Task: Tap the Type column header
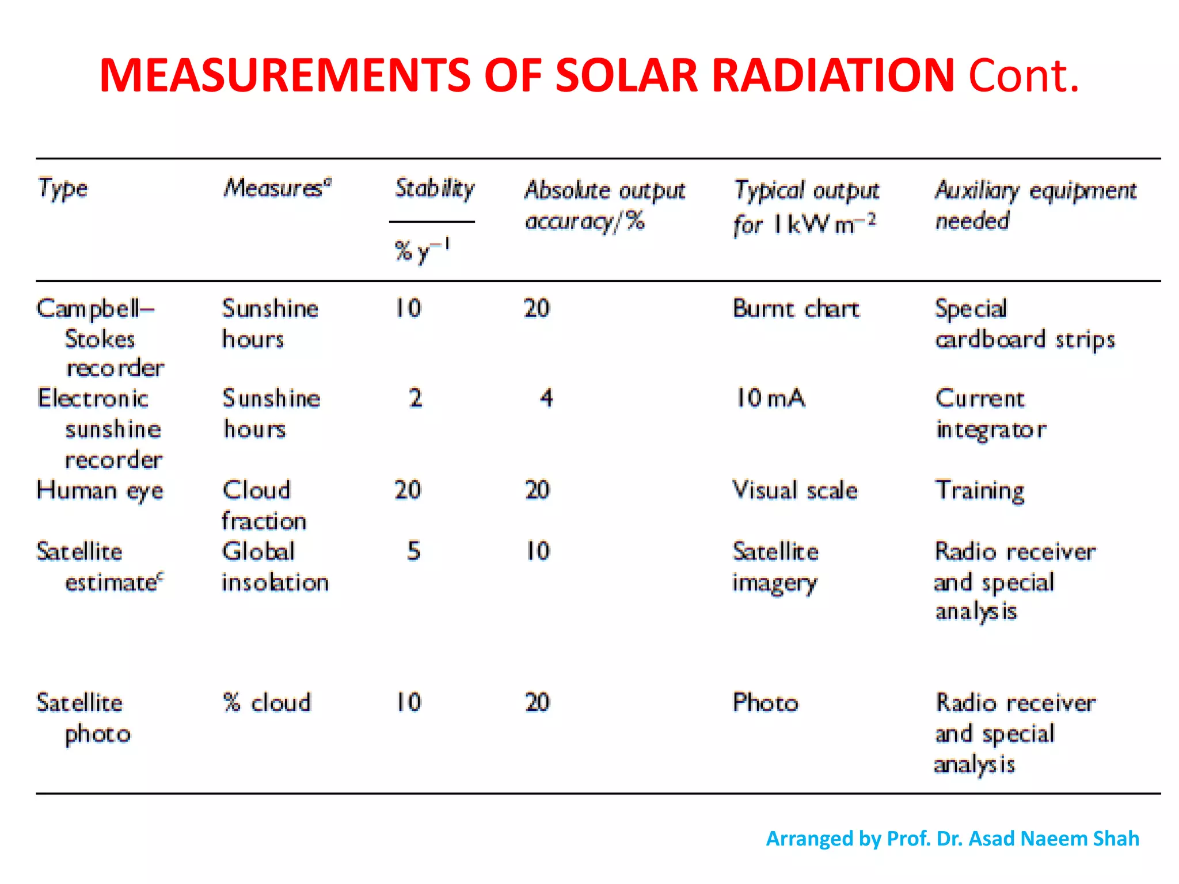pyautogui.click(x=63, y=189)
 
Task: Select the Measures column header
pyautogui.click(x=277, y=188)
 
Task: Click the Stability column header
pyautogui.click(x=434, y=188)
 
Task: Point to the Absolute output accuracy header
pyautogui.click(x=604, y=205)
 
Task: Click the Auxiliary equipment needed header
pyautogui.click(x=1035, y=205)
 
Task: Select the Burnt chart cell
pyautogui.click(x=796, y=309)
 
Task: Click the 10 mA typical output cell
pyautogui.click(x=770, y=398)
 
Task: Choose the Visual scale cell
pyautogui.click(x=794, y=490)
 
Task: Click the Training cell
pyautogui.click(x=980, y=490)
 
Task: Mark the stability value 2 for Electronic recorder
pyautogui.click(x=416, y=398)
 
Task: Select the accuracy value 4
pyautogui.click(x=546, y=398)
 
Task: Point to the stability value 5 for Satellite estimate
pyautogui.click(x=414, y=551)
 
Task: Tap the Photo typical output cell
pyautogui.click(x=765, y=703)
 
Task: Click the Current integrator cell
pyautogui.click(x=990, y=414)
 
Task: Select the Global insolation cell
pyautogui.click(x=275, y=567)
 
